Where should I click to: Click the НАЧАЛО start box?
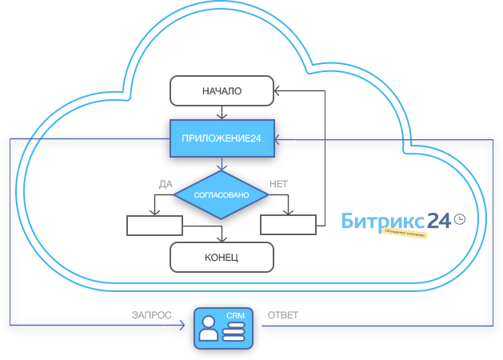pyautogui.click(x=222, y=90)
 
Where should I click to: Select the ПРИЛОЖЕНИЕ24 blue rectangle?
pyautogui.click(x=222, y=138)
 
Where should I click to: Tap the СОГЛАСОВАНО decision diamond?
pyautogui.click(x=222, y=194)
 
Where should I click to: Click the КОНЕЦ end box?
pyautogui.click(x=222, y=258)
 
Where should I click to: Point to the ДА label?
pyautogui.click(x=166, y=184)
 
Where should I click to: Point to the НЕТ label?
pyautogui.click(x=279, y=184)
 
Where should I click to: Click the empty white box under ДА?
pyautogui.click(x=154, y=225)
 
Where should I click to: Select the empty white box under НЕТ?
pyautogui.click(x=288, y=224)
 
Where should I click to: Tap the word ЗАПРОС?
pyautogui.click(x=152, y=315)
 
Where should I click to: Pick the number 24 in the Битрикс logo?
pyautogui.click(x=438, y=221)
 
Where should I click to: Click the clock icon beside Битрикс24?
pyautogui.click(x=459, y=217)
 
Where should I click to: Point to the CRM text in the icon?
pyautogui.click(x=235, y=316)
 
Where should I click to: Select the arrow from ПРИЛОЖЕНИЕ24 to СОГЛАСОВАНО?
pyautogui.click(x=222, y=164)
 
